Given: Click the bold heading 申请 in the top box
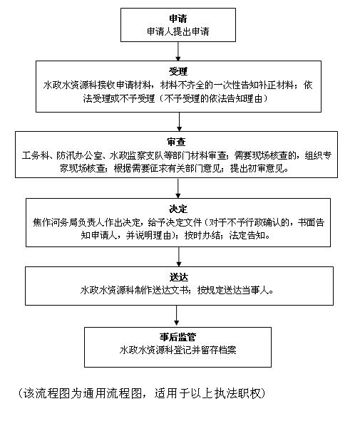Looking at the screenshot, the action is [x=178, y=19].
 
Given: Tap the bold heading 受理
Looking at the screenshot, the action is [x=178, y=71].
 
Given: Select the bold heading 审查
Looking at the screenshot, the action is [x=176, y=142].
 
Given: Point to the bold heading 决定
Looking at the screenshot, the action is [x=178, y=209].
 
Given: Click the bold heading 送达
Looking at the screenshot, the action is [x=179, y=277].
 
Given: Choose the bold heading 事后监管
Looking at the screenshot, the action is [x=178, y=337].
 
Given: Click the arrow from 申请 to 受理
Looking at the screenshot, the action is [x=178, y=51].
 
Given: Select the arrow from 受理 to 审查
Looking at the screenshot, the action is [x=179, y=122].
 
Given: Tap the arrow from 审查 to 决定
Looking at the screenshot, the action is [x=178, y=188].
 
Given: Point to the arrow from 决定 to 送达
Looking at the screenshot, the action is [x=179, y=257].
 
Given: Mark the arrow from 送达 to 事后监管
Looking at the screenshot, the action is [x=176, y=316].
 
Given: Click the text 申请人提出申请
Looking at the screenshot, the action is [x=178, y=31].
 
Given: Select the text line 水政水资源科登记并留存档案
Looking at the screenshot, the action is [x=178, y=350].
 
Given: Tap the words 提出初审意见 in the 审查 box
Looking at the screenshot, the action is [x=257, y=168].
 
